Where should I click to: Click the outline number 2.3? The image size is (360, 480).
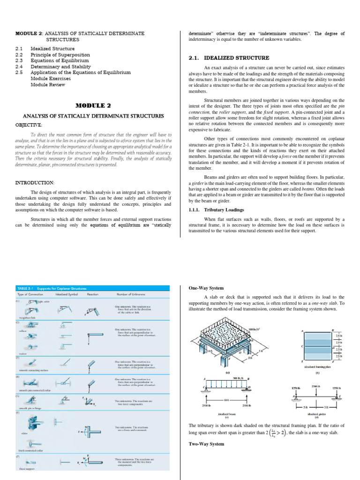19,60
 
